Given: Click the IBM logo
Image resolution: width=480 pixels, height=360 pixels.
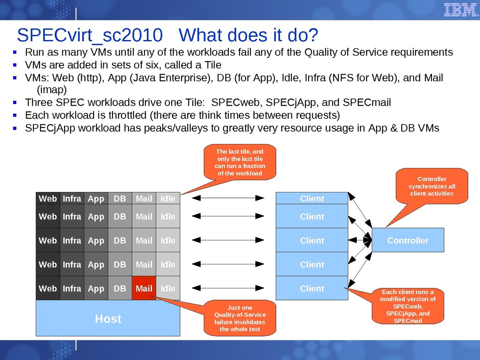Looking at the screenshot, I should tap(460, 10).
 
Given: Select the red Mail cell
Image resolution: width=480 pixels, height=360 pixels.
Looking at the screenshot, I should tap(144, 288).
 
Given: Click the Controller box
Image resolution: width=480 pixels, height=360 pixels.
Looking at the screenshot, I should tap(408, 240).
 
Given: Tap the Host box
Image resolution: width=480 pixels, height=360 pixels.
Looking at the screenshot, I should tap(108, 318).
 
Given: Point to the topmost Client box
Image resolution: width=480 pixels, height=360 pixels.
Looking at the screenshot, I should tap(312, 198).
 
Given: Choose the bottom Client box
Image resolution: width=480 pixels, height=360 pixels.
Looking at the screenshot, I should tap(312, 288).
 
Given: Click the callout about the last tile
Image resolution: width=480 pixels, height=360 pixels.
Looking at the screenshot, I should tap(240, 162).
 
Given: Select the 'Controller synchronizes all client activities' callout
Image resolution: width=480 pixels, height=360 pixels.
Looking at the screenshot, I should tap(432, 186).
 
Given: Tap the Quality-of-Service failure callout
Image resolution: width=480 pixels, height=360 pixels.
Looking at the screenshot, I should tap(240, 318).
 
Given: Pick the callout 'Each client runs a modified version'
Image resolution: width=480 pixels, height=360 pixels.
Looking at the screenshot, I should tap(408, 306).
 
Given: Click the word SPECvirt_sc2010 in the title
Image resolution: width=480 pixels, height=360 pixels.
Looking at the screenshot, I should tap(90, 36).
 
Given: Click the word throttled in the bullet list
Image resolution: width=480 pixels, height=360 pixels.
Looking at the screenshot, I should tap(122, 115).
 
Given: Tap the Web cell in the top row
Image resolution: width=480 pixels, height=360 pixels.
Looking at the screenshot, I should tap(48, 198).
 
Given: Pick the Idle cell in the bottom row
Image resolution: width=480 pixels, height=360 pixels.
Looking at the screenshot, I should tap(168, 288).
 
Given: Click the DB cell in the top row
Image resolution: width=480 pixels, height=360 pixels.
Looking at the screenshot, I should tap(120, 198).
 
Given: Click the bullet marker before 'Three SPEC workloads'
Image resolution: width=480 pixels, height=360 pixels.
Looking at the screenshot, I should tap(15, 103).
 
